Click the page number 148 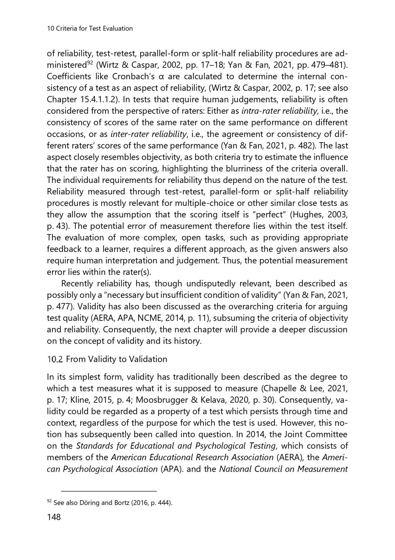54,517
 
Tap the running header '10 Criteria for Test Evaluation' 90,28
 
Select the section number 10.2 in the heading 55,359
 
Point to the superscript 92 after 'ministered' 90,63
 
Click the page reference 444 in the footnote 164,503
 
